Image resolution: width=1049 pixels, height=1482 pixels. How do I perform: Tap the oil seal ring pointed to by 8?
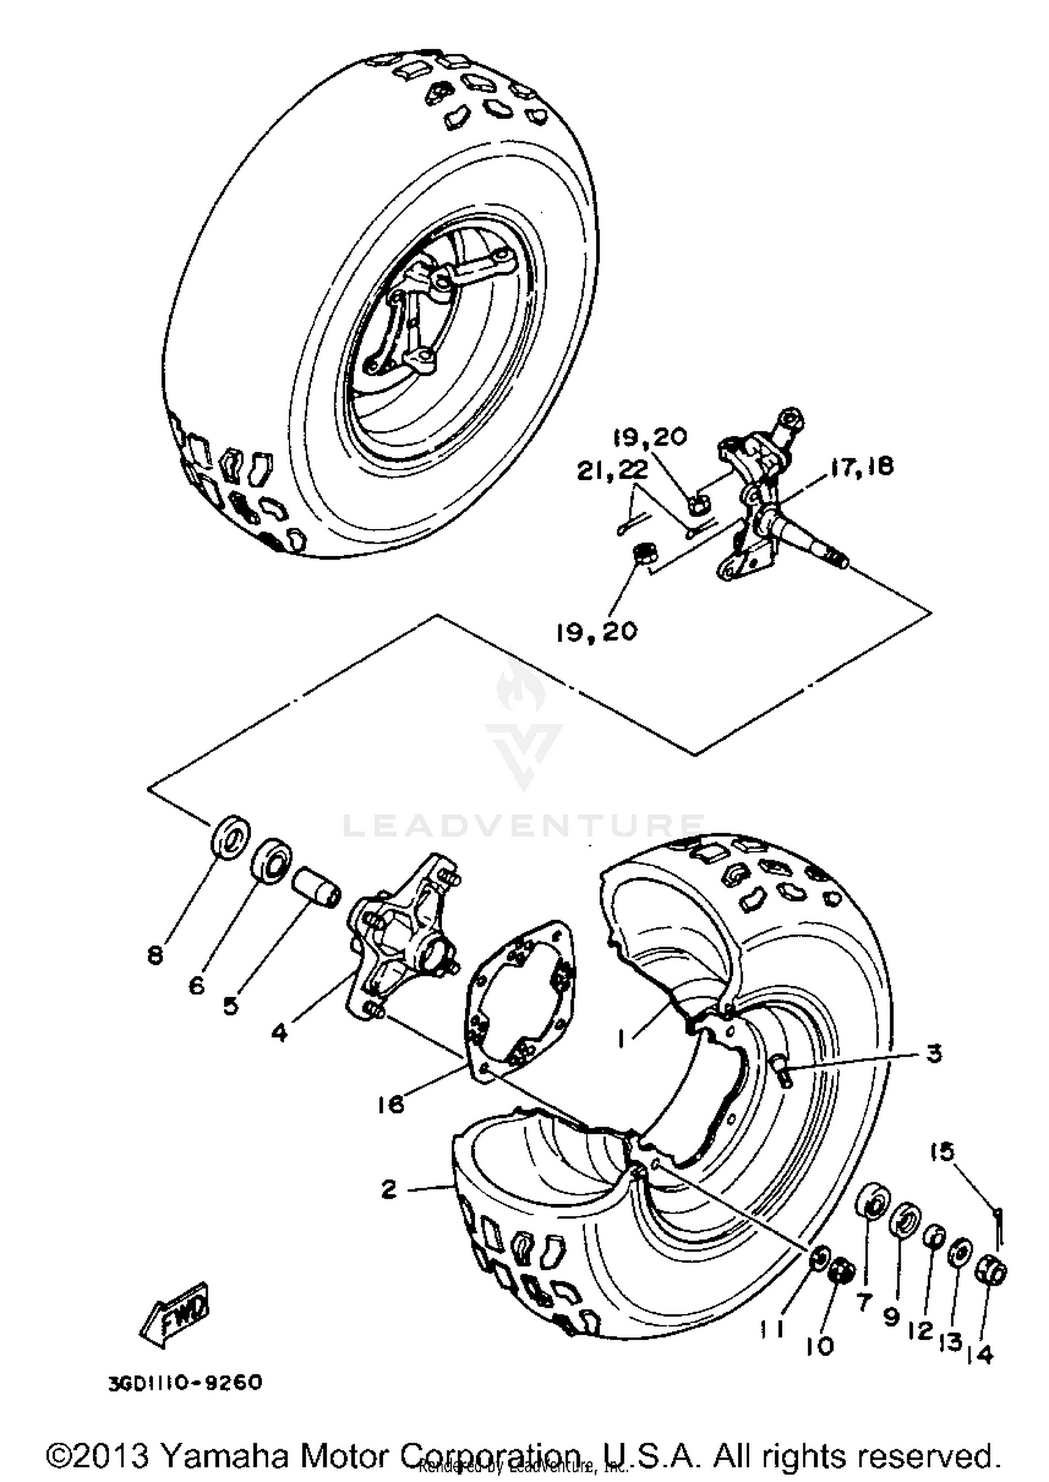pyautogui.click(x=229, y=835)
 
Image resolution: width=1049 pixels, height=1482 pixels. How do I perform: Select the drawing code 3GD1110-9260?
pyautogui.click(x=185, y=1383)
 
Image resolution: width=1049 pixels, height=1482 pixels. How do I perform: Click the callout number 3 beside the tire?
pyautogui.click(x=934, y=1054)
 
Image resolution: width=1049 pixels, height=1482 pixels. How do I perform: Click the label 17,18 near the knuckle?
pyautogui.click(x=862, y=467)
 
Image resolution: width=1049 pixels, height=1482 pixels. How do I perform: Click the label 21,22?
pyautogui.click(x=613, y=471)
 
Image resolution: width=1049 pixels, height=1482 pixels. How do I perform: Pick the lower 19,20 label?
pyautogui.click(x=597, y=631)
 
